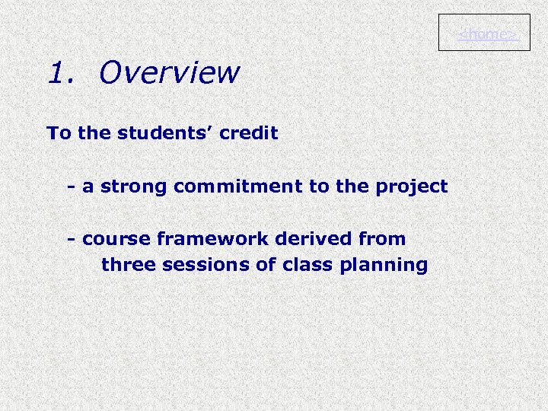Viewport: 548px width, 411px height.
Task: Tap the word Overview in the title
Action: click(169, 73)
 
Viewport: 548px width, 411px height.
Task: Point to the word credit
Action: click(249, 133)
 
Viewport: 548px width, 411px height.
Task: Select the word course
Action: click(116, 240)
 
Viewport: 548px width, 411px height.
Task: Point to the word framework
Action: click(212, 239)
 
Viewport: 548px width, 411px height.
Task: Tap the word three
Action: click(126, 265)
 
